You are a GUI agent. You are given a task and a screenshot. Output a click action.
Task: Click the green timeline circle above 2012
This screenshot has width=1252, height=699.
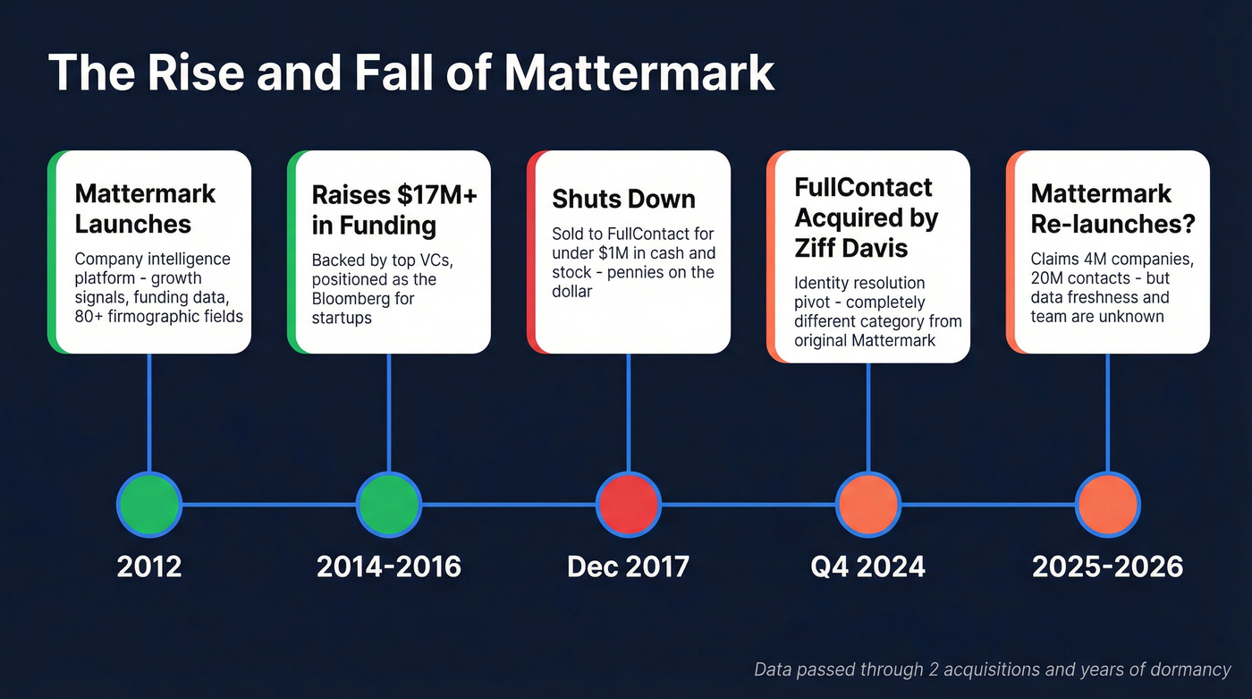point(149,504)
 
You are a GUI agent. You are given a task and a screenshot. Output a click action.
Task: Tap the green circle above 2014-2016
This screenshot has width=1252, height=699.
point(388,504)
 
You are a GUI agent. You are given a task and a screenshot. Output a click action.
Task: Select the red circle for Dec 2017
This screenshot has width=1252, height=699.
point(629,504)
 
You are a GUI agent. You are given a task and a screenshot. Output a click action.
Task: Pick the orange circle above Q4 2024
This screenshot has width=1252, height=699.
point(868,504)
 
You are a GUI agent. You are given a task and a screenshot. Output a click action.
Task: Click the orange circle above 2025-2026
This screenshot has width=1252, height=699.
point(1107,504)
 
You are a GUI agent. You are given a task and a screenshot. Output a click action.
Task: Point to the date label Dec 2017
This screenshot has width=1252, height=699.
point(628,567)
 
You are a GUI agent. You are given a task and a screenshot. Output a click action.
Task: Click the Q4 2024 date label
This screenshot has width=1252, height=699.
point(867,567)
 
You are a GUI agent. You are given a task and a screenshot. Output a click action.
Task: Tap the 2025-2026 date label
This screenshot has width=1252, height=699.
point(1107,567)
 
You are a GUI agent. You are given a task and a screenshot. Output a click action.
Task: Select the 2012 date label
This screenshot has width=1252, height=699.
point(149,567)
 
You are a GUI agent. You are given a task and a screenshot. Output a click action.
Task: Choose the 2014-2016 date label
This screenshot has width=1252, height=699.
point(389,567)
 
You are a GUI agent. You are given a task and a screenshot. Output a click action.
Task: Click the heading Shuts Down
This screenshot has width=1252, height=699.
point(623,199)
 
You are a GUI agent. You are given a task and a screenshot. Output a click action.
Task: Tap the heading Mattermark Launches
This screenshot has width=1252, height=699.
point(145,208)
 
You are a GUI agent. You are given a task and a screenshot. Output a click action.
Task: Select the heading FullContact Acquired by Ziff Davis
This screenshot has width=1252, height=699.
point(866,217)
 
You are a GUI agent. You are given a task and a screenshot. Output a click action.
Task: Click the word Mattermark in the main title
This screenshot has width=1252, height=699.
point(639,72)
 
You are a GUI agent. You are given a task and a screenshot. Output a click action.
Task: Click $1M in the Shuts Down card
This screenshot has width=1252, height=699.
point(609,253)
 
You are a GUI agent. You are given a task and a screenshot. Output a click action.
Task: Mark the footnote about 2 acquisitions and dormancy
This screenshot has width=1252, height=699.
point(993,669)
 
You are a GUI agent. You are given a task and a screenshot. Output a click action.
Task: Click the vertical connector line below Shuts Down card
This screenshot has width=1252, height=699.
point(629,412)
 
